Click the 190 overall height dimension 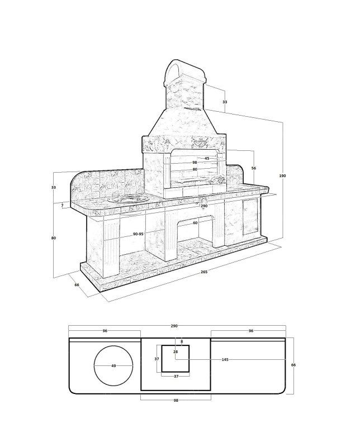(282, 176)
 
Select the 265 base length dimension (204, 272)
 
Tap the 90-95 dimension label (138, 234)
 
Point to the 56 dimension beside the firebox (254, 168)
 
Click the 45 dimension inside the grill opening (207, 158)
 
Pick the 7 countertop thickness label (62, 205)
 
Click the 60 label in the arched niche (195, 223)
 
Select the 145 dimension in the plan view (225, 359)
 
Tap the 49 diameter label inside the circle (113, 366)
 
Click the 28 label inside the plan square (176, 352)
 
